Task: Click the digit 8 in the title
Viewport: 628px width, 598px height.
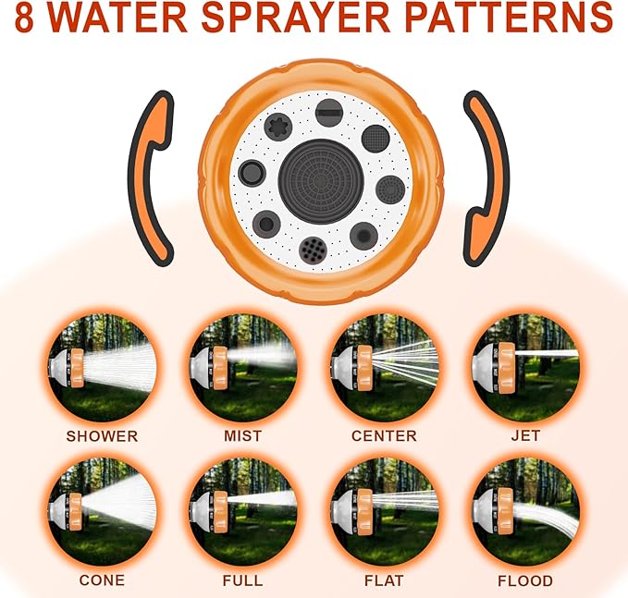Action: (27, 18)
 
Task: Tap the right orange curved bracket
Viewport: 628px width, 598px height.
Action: (485, 177)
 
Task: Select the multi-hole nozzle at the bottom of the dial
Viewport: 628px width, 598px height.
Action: (312, 248)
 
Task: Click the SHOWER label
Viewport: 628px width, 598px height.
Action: (101, 435)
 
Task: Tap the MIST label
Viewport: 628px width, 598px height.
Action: (242, 435)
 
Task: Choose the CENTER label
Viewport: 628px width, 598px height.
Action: (384, 435)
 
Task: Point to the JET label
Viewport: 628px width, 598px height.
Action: (524, 435)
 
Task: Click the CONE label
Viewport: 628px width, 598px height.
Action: (101, 580)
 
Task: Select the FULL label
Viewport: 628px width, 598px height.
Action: (242, 580)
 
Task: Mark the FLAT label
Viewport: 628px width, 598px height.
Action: (384, 580)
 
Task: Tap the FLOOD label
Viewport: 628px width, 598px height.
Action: (524, 580)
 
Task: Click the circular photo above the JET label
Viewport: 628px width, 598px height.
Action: (524, 368)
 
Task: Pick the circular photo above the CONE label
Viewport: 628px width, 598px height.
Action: (101, 512)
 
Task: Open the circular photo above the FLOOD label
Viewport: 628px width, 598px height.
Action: (524, 512)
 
